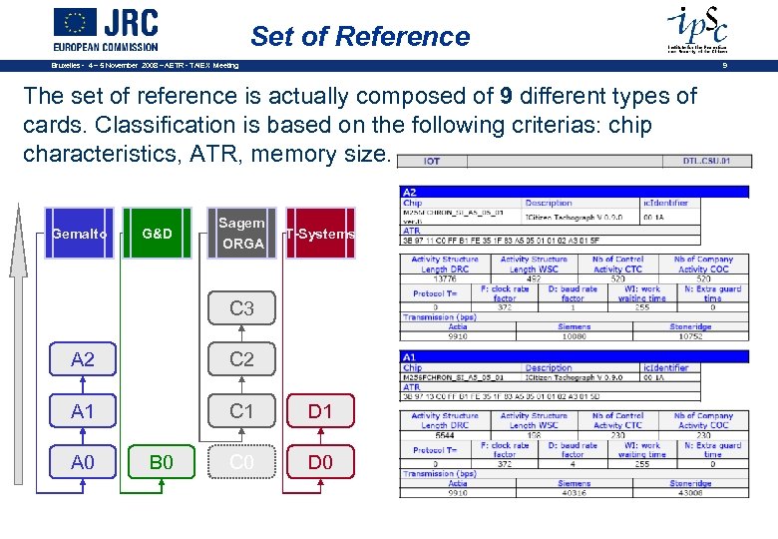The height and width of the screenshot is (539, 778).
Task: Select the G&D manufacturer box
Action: coord(157,234)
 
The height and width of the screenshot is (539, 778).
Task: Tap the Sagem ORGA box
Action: coord(241,233)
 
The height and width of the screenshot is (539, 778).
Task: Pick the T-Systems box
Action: coord(320,234)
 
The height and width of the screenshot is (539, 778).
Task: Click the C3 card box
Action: coord(241,308)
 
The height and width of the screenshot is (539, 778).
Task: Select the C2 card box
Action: coord(241,359)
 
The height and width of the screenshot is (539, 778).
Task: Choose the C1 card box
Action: coord(241,411)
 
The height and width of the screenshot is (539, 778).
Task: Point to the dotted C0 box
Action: coord(241,462)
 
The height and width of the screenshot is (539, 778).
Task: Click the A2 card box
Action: coord(83,359)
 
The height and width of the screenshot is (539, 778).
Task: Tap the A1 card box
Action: coord(83,411)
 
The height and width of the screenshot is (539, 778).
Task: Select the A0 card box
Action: coord(83,462)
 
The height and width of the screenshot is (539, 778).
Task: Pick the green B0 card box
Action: coord(162,462)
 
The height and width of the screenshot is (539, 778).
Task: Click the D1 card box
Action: coord(320,411)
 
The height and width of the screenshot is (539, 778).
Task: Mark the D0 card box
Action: coord(320,462)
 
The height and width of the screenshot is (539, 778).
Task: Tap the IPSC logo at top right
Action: coord(696,27)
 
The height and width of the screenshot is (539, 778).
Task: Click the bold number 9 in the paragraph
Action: coord(507,97)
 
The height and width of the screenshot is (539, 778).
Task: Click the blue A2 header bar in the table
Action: coord(574,192)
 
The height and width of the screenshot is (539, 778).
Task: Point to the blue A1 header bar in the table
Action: coord(574,356)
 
